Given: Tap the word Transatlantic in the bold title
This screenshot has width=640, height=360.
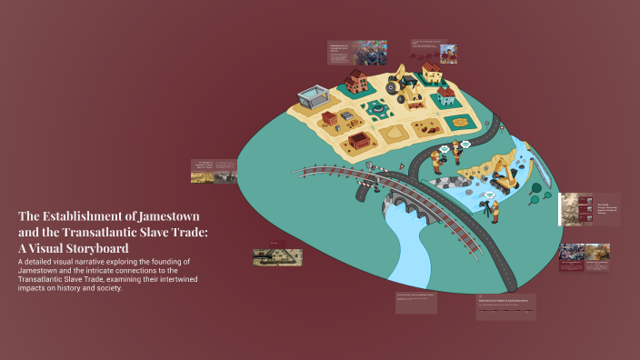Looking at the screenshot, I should click(x=94, y=232).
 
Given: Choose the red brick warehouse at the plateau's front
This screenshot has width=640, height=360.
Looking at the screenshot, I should click(x=360, y=141).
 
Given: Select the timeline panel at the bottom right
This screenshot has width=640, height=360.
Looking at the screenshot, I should click(x=506, y=306).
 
